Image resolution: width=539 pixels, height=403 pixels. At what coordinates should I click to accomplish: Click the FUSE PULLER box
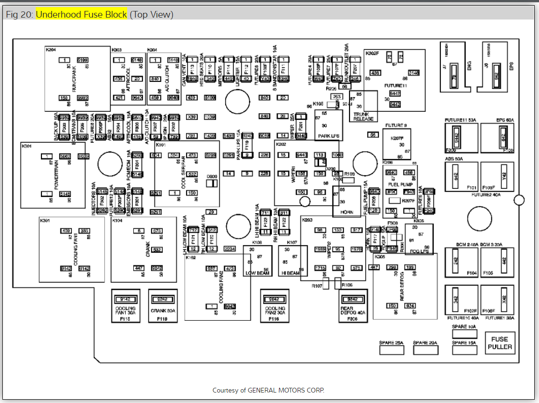point(499,343)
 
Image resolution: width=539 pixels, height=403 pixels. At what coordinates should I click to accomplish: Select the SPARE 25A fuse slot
point(391,350)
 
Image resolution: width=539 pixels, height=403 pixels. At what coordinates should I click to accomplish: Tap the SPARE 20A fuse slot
point(425,350)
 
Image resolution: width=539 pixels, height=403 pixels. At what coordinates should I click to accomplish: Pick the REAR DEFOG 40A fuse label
point(353,311)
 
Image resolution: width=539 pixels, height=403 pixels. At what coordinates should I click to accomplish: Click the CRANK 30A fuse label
point(163,311)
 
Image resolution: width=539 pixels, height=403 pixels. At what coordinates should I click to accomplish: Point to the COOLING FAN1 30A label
point(126,311)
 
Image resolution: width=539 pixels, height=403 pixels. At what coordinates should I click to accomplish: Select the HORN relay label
point(347,212)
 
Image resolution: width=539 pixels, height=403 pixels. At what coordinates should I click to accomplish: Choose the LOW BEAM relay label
point(257,273)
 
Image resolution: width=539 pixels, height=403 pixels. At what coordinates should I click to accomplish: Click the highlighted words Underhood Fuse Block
point(81,14)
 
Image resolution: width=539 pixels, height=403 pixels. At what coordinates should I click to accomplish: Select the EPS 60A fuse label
point(505,120)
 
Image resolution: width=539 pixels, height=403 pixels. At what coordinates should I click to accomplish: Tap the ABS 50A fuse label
point(453,159)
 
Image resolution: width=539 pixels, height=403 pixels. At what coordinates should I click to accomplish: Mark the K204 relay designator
point(50,49)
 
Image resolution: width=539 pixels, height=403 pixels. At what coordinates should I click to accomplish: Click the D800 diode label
point(212,176)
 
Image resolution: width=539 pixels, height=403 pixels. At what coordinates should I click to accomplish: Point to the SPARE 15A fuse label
point(464,343)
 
